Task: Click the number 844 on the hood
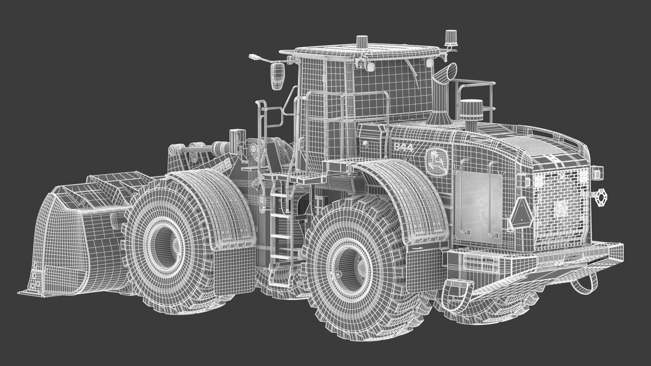coord(403,147)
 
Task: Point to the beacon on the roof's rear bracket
coord(450,37)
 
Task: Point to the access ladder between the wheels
coord(279,220)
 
